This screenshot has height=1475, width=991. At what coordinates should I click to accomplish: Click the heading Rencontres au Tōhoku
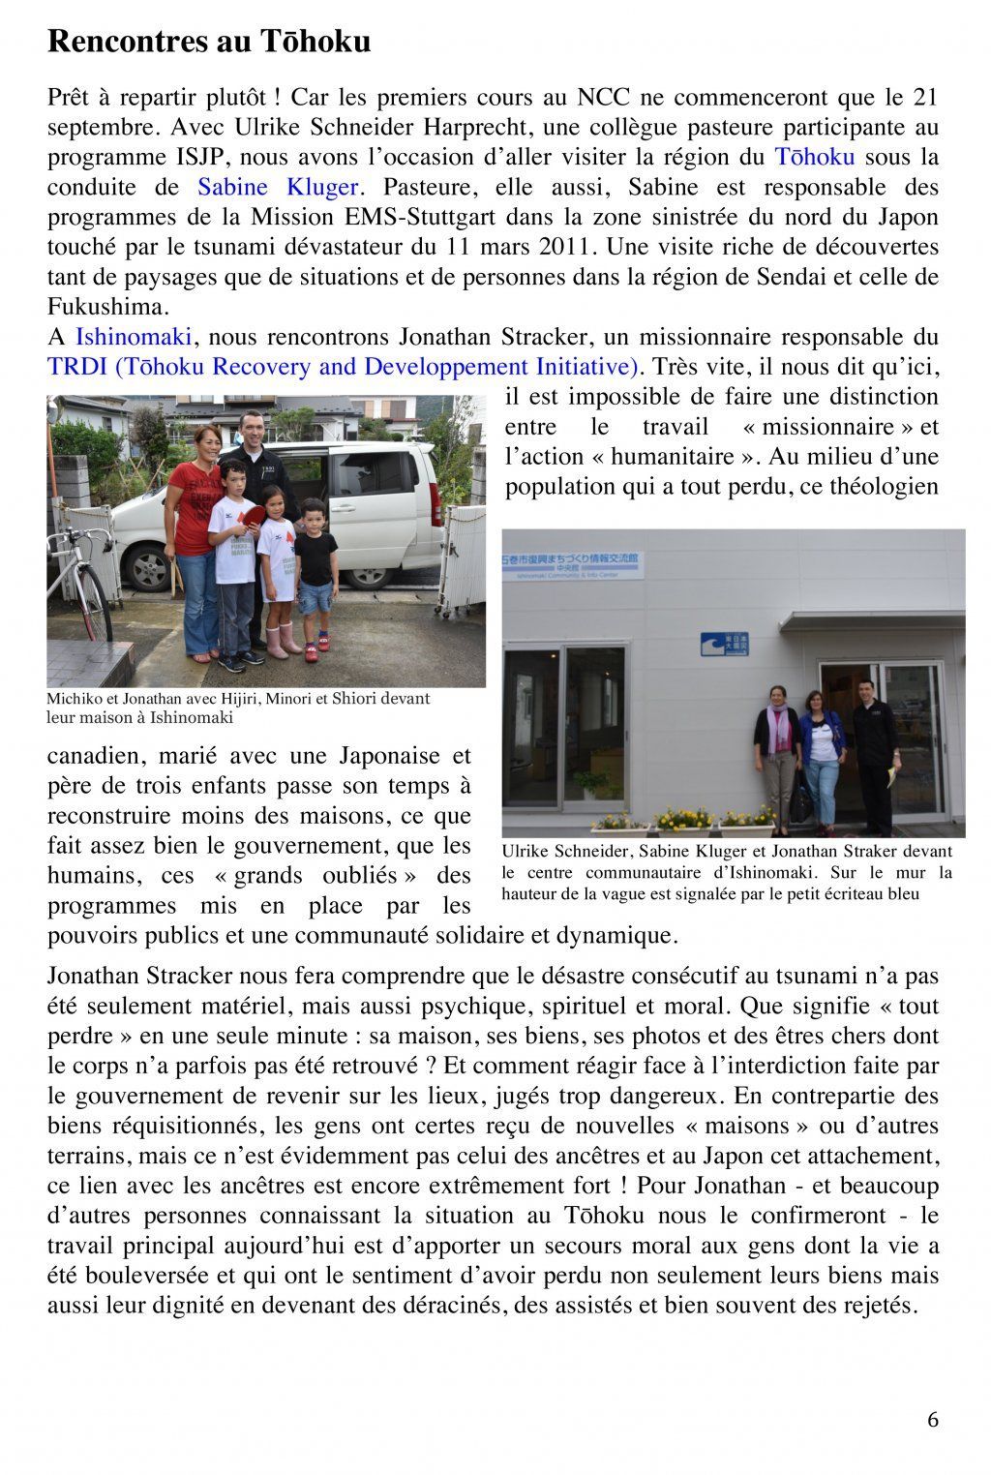click(x=209, y=43)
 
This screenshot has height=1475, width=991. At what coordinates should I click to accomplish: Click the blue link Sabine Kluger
click(x=279, y=187)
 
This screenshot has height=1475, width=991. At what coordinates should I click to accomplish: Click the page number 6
click(x=932, y=1420)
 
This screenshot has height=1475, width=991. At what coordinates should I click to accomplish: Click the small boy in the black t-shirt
click(x=315, y=571)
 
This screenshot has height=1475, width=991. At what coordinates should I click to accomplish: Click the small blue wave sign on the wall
click(x=725, y=645)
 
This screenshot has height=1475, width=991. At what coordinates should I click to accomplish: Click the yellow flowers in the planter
click(x=682, y=818)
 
